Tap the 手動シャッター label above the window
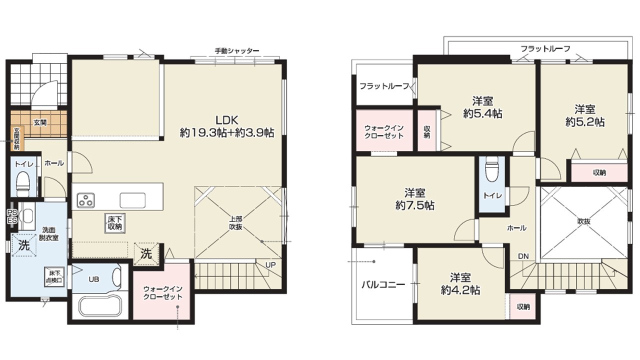pyautogui.click(x=237, y=51)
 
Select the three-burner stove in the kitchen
pyautogui.click(x=85, y=200)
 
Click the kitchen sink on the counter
pyautogui.click(x=132, y=200)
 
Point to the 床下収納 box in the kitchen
pyautogui.click(x=115, y=223)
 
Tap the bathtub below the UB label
pyautogui.click(x=100, y=306)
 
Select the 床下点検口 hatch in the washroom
pyautogui.click(x=54, y=277)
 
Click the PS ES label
pyautogui.click(x=12, y=216)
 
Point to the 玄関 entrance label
pyautogui.click(x=40, y=123)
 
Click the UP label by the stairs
pyautogui.click(x=270, y=265)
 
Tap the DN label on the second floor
pyautogui.click(x=523, y=256)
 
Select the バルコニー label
pyautogui.click(x=383, y=284)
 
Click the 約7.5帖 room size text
pyautogui.click(x=415, y=205)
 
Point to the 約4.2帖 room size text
pyautogui.click(x=460, y=290)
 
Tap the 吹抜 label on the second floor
pyautogui.click(x=583, y=221)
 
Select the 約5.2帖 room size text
pyautogui.click(x=585, y=122)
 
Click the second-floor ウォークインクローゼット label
pyautogui.click(x=384, y=131)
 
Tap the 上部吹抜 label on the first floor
pyautogui.click(x=235, y=223)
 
